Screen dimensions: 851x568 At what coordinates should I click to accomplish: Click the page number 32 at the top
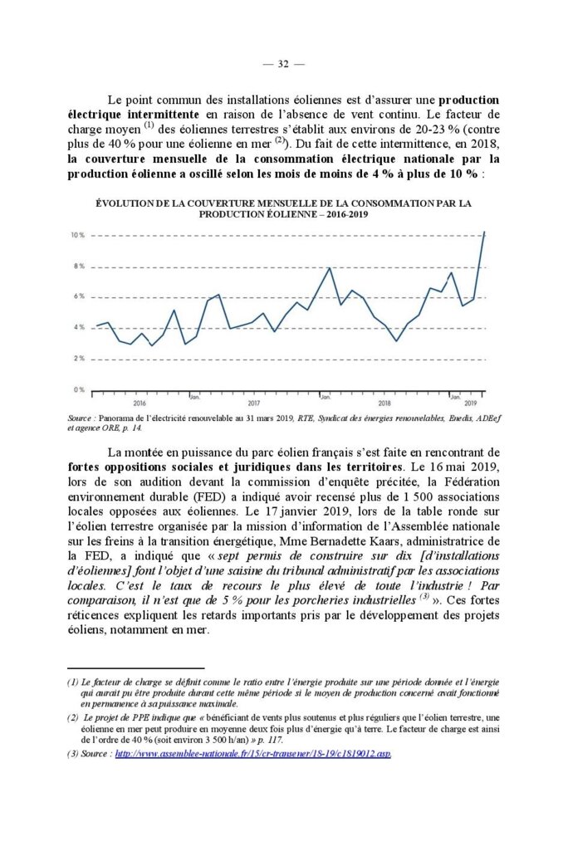[x=283, y=64]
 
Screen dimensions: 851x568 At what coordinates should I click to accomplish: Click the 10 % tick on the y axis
[x=77, y=236]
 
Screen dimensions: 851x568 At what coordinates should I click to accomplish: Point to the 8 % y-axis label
[x=79, y=267]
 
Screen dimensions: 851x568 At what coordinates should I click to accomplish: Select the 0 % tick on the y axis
[x=79, y=389]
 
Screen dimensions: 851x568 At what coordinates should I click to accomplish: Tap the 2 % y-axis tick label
[x=79, y=358]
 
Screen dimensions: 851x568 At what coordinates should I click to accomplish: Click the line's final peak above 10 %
[x=484, y=232]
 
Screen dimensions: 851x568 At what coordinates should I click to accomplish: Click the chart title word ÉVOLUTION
[x=127, y=203]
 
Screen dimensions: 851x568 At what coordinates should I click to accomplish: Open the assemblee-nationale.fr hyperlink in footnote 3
[x=252, y=754]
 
